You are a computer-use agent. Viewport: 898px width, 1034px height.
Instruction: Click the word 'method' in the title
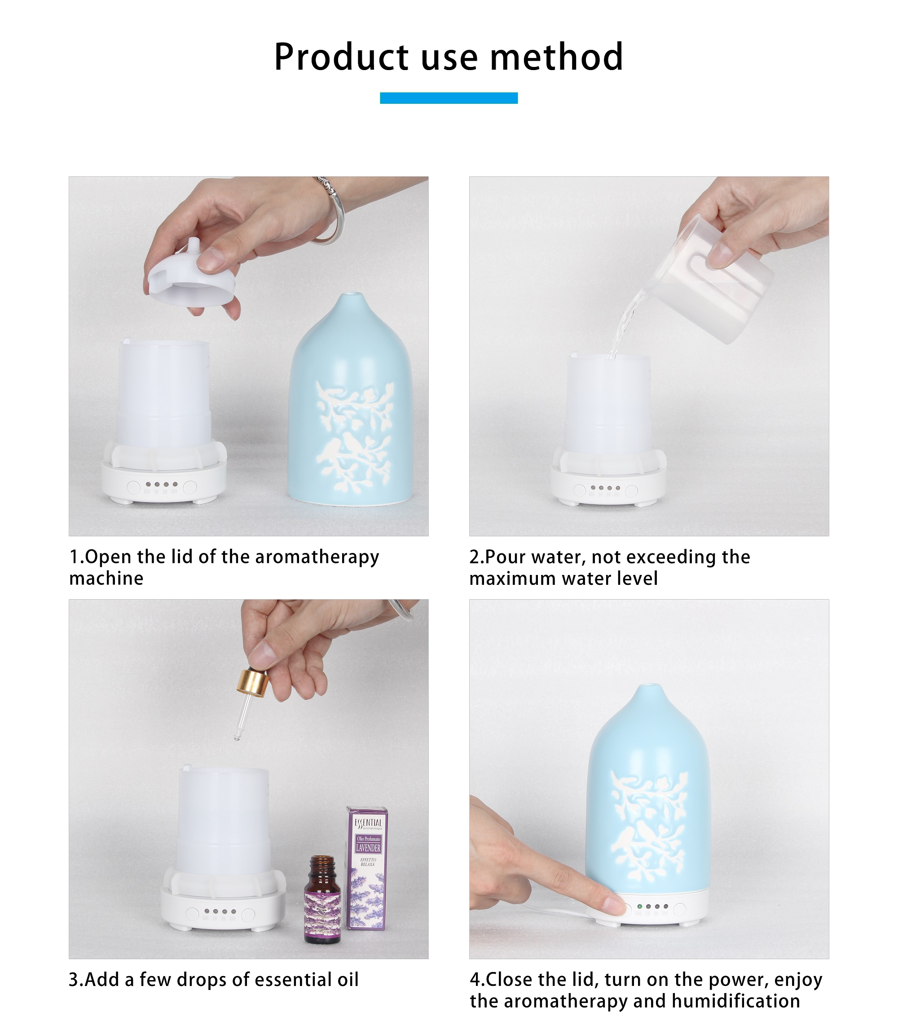556,57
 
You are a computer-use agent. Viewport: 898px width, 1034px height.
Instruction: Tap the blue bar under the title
449,98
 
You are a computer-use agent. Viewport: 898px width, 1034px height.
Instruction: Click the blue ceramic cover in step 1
351,401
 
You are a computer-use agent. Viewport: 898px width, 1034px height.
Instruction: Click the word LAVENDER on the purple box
368,848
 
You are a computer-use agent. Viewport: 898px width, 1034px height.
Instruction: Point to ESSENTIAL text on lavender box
368,823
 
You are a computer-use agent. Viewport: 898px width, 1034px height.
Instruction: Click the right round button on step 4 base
679,909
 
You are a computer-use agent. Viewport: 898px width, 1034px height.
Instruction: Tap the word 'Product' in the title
341,57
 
